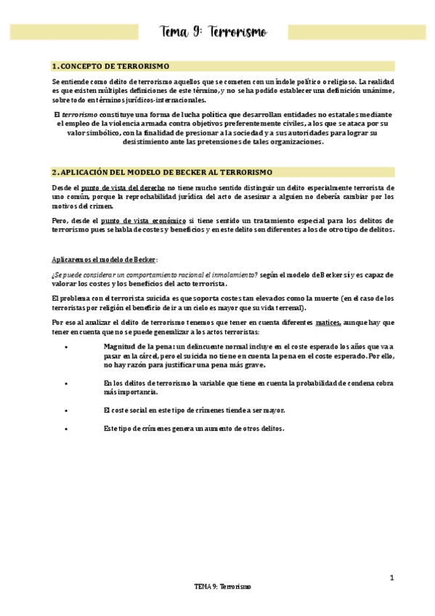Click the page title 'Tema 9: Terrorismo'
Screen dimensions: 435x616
point(214,33)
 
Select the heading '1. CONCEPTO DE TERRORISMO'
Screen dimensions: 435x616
point(111,65)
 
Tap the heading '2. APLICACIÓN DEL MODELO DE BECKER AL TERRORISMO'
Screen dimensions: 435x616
point(162,172)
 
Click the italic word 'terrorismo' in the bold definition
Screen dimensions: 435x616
point(78,115)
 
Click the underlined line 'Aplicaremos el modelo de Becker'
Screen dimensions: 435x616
point(105,259)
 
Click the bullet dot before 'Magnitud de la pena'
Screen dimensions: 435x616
point(66,346)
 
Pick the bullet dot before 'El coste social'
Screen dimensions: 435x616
point(66,410)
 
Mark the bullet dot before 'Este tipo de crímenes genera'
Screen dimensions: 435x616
point(66,429)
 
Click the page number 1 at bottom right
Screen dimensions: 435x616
point(391,577)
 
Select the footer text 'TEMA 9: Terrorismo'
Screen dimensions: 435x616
point(222,586)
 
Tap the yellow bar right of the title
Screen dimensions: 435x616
point(357,33)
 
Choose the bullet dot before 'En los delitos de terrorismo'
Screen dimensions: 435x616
point(66,383)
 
